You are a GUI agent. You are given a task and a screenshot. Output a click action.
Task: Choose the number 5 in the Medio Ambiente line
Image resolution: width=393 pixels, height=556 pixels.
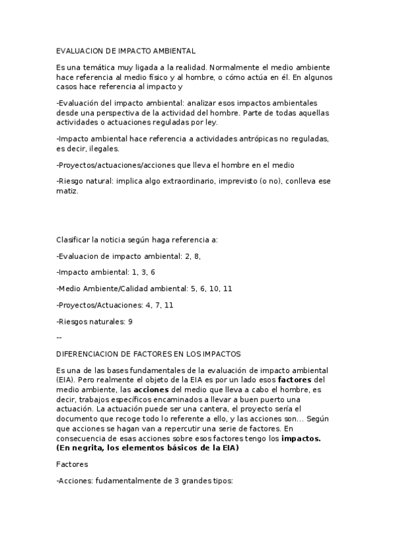[x=192, y=288]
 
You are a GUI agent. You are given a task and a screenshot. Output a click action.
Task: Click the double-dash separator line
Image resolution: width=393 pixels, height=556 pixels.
[x=59, y=337]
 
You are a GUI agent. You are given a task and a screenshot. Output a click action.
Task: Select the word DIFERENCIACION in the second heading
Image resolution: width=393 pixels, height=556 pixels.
[x=89, y=353]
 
